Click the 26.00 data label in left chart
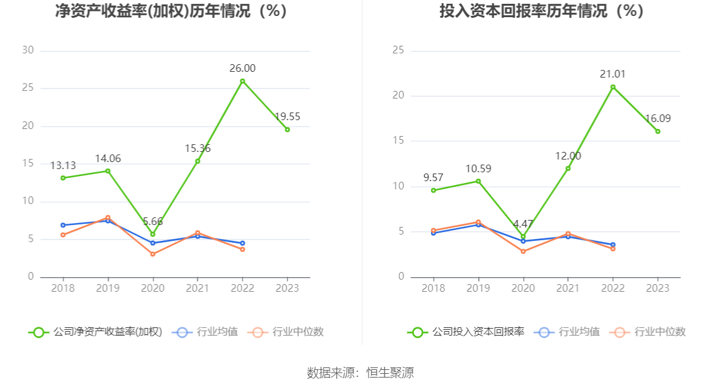(242, 69)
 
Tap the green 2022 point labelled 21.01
(613, 87)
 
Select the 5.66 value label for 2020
(153, 222)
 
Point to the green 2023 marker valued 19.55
(287, 130)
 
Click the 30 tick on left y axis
(27, 51)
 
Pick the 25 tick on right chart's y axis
(398, 51)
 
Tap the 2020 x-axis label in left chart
(153, 288)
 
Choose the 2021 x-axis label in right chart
(568, 288)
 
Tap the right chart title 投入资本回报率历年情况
(542, 11)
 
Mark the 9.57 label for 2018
(434, 178)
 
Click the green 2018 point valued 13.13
(63, 178)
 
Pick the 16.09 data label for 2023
(657, 119)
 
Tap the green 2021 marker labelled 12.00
(568, 168)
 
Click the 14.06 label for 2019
(107, 159)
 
